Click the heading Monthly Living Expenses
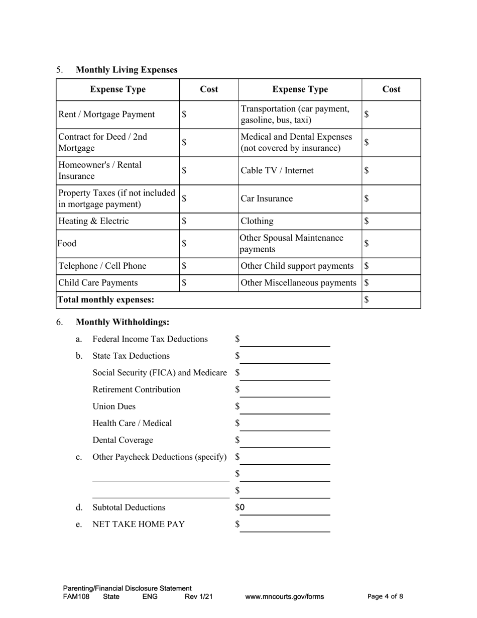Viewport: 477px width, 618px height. (127, 70)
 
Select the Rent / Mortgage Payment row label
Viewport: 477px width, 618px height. (106, 115)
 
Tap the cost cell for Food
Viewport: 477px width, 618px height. (209, 244)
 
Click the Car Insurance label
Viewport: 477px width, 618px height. (267, 198)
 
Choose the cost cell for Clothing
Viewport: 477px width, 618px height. (391, 221)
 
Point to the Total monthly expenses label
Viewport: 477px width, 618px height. (106, 300)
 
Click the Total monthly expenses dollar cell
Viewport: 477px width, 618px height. (391, 300)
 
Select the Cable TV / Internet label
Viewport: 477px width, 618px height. (277, 171)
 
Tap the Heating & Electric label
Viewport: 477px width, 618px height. (94, 221)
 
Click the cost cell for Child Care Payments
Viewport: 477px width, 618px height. (209, 283)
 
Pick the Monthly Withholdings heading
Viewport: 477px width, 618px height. (123, 322)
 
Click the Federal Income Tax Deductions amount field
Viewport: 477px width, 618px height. (285, 340)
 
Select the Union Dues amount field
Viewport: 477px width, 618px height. (285, 407)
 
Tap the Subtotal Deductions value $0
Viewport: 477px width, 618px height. (241, 507)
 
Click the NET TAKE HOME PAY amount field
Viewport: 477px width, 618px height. (285, 525)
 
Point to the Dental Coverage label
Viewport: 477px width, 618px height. (123, 440)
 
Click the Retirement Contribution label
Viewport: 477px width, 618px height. (137, 390)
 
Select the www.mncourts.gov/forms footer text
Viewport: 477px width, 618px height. (285, 597)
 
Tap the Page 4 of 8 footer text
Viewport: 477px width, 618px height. (385, 597)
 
